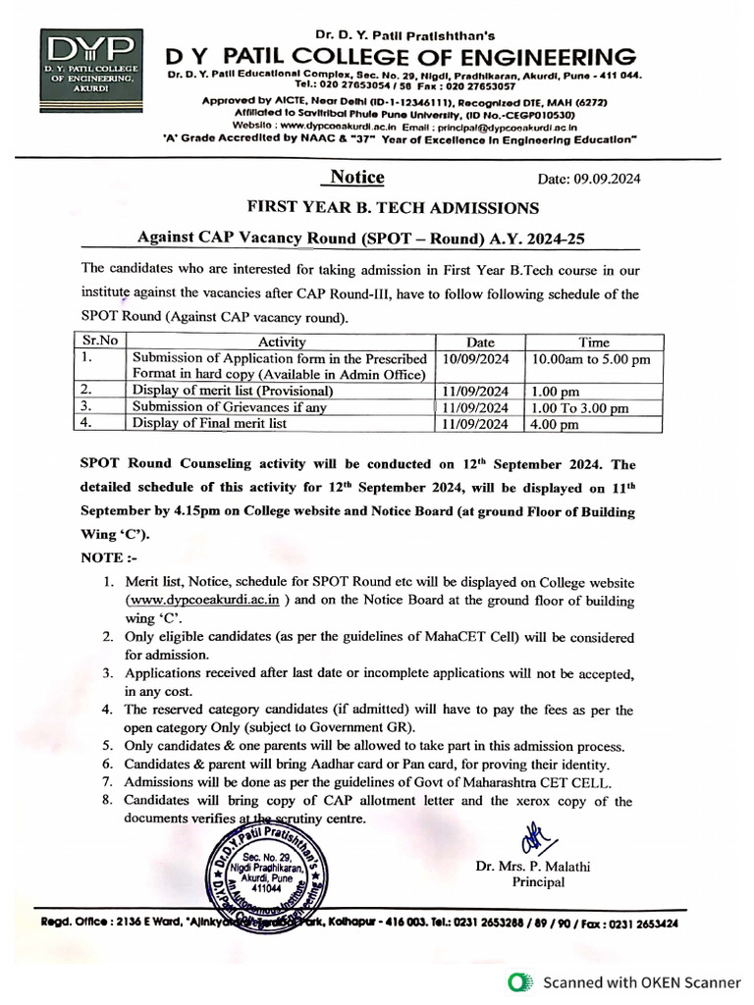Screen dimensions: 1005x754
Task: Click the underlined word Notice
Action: coord(356,178)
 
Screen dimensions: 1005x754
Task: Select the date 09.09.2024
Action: coord(588,179)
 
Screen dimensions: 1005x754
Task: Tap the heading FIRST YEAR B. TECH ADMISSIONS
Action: coord(393,208)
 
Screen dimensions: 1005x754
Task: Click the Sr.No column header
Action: coord(96,342)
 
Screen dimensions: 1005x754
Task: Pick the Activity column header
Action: coord(282,342)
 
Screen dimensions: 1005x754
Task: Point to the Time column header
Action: coord(593,342)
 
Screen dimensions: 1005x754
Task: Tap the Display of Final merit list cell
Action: coord(209,423)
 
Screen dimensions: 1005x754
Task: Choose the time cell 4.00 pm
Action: coord(555,424)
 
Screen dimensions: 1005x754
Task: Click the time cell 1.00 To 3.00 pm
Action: coord(578,407)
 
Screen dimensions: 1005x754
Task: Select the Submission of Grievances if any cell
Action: coord(229,407)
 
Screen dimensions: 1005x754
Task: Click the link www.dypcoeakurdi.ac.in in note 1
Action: coord(204,599)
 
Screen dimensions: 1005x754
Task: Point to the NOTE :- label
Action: coord(105,556)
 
